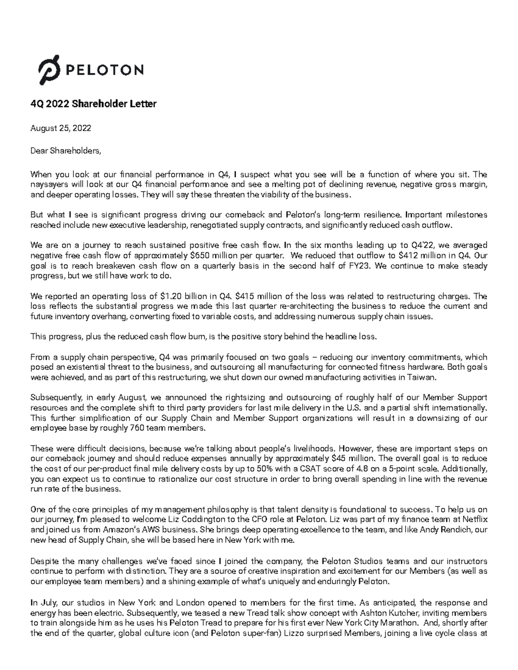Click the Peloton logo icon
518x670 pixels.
click(51, 70)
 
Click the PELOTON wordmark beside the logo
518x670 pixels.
click(104, 70)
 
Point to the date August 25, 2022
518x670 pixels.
click(60, 128)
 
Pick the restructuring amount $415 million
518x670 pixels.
click(257, 296)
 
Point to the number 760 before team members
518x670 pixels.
click(136, 428)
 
